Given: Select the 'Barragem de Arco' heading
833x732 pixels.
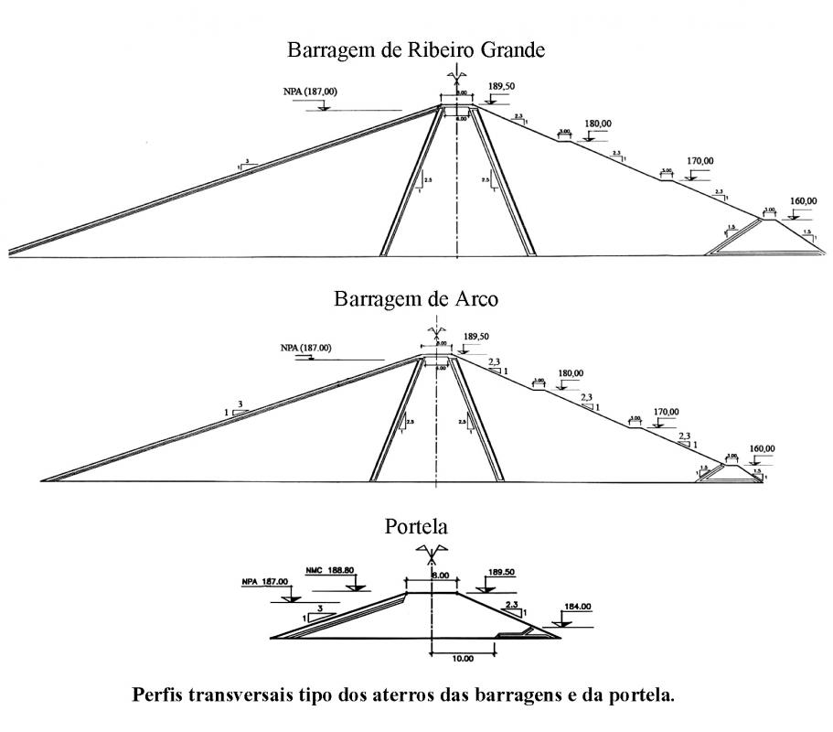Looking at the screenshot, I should tap(416, 299).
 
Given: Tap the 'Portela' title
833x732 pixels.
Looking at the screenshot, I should tap(416, 528).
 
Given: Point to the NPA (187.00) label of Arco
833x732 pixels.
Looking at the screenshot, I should tap(307, 348).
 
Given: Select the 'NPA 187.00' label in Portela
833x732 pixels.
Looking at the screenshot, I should tap(265, 581).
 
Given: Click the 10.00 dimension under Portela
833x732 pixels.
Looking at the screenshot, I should tap(463, 657).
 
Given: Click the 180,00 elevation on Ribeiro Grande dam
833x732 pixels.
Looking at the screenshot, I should tap(598, 124).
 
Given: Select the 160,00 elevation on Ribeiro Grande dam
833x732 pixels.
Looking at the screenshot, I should tap(803, 201).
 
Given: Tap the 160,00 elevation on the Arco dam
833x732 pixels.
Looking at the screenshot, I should tap(762, 448).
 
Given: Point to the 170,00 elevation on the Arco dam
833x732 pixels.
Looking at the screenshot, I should tap(666, 412).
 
